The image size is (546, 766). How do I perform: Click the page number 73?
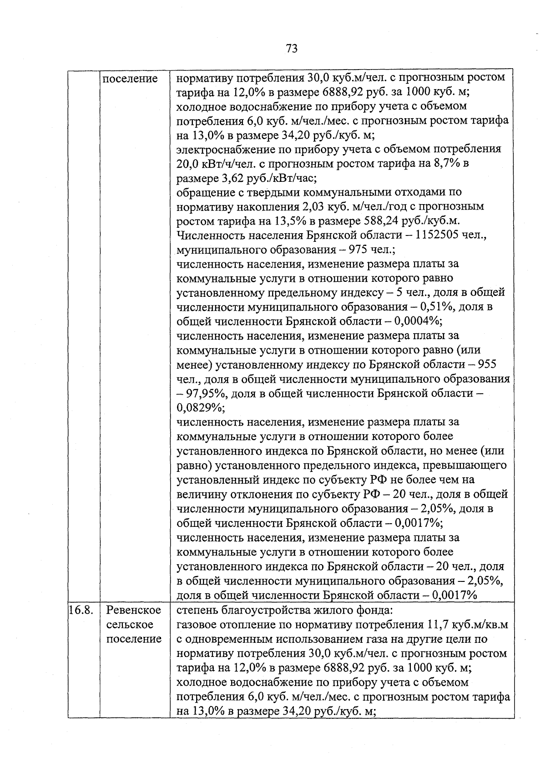pyautogui.click(x=292, y=48)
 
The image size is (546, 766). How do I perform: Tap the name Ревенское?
pyautogui.click(x=134, y=610)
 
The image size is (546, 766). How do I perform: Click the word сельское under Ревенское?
pyautogui.click(x=134, y=625)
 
